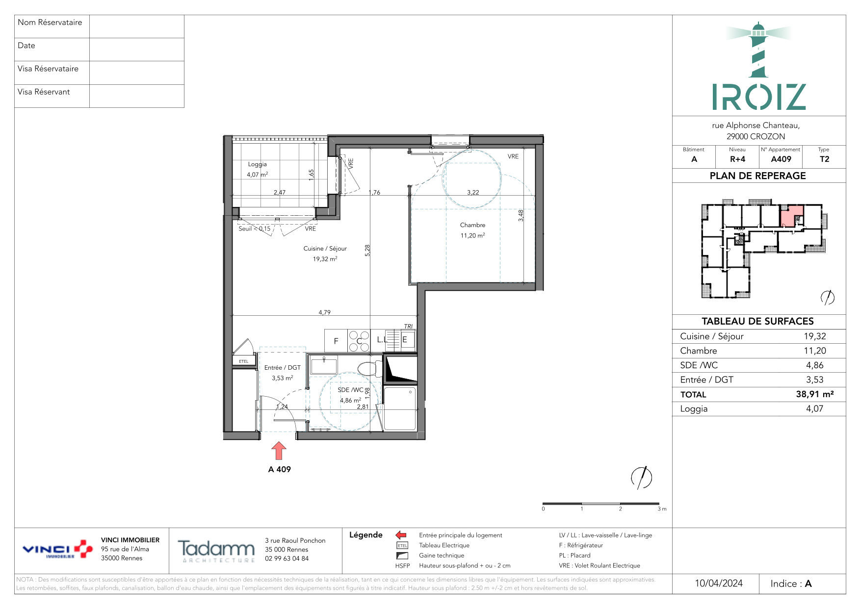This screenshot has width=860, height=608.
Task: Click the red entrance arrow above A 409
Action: [x=279, y=451]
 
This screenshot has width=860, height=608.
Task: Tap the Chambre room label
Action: [x=472, y=225]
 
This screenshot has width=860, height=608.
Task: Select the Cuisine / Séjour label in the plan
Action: [x=325, y=249]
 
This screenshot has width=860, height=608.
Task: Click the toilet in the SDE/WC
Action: [x=369, y=369]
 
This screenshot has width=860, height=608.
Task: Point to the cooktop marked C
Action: [x=359, y=341]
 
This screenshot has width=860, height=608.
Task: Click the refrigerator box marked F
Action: [x=336, y=341]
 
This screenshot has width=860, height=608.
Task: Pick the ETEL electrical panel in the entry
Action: [x=244, y=361]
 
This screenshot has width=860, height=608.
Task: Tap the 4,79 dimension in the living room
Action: [x=324, y=312]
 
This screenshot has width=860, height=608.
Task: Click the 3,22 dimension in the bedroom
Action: [x=473, y=193]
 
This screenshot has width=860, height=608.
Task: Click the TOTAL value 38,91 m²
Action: [x=814, y=394]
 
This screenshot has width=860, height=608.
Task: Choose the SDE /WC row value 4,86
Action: [x=814, y=365]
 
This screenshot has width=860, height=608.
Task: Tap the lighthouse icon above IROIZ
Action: [x=758, y=50]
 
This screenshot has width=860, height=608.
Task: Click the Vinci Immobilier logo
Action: [x=57, y=549]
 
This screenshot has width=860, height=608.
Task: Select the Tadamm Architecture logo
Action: [x=216, y=550]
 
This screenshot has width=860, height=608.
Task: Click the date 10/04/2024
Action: [x=719, y=583]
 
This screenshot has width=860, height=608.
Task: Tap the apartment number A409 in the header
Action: [x=781, y=159]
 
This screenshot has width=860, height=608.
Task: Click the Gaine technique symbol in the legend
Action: [x=402, y=556]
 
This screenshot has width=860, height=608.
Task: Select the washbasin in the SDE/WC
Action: [x=324, y=366]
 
